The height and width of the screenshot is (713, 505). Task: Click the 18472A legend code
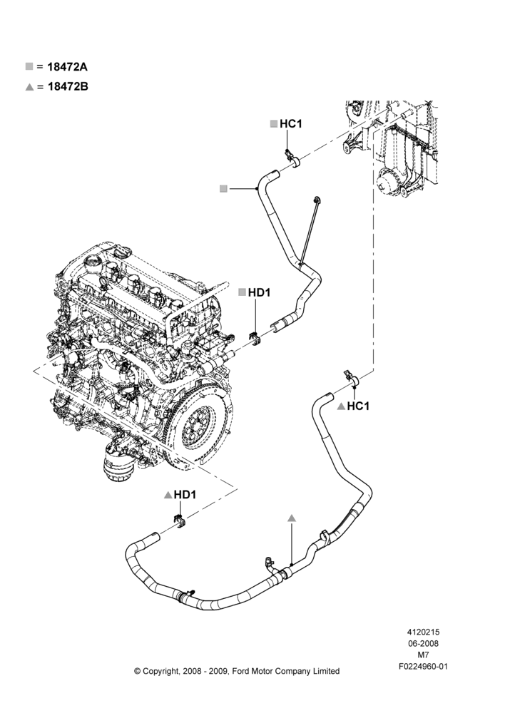pos(67,67)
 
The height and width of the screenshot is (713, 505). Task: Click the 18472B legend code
pos(68,86)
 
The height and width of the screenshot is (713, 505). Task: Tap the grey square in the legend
pos(29,66)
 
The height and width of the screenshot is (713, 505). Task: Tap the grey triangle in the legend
pos(29,86)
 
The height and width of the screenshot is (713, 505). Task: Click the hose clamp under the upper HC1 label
pos(292,158)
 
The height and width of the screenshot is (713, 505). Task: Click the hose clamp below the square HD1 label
pos(255,339)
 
